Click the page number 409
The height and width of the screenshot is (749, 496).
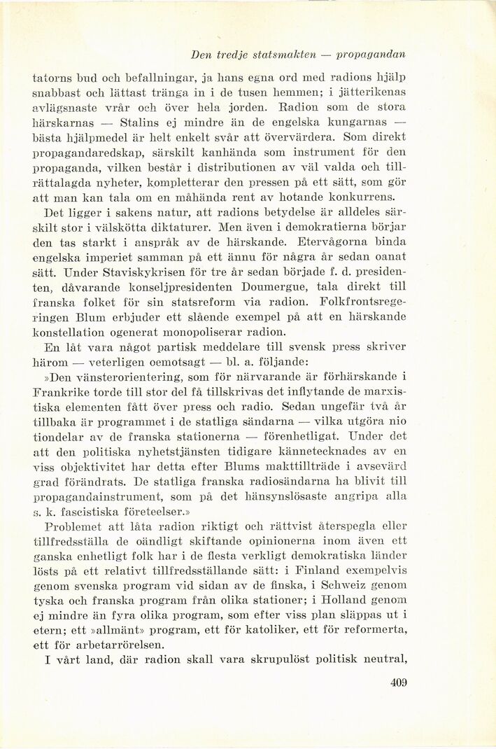(399, 682)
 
